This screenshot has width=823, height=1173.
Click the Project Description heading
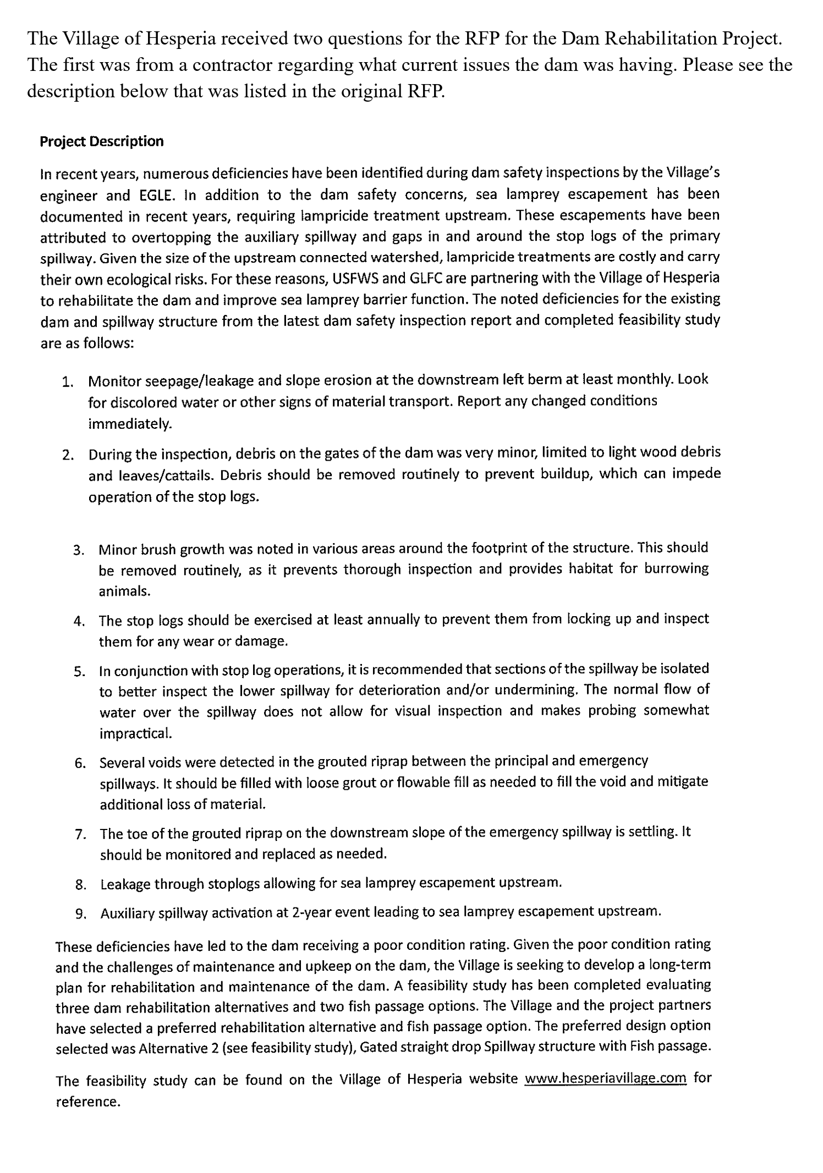pyautogui.click(x=102, y=142)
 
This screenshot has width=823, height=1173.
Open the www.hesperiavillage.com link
pyautogui.click(x=606, y=1079)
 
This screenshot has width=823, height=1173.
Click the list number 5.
pyautogui.click(x=79, y=672)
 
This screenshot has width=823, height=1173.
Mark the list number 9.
pyautogui.click(x=80, y=914)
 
